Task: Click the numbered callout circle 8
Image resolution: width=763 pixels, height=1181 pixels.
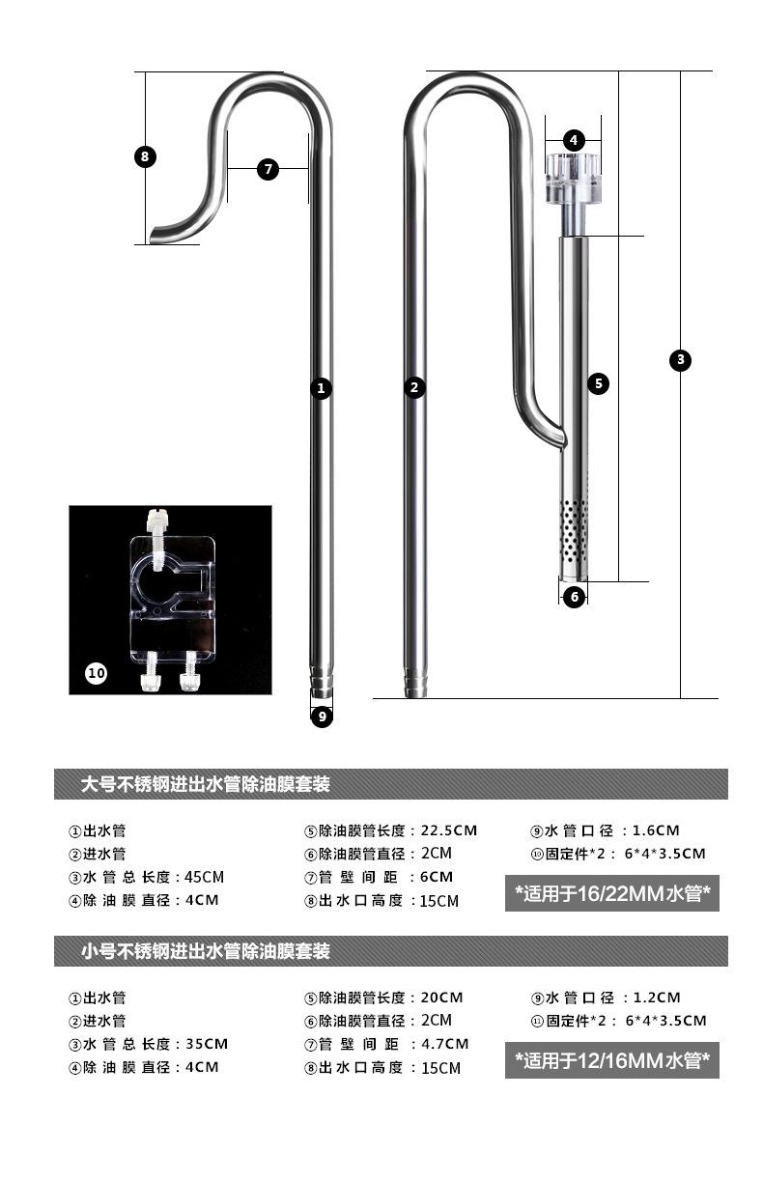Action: point(145,156)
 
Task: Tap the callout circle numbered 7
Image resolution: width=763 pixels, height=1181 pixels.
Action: point(268,170)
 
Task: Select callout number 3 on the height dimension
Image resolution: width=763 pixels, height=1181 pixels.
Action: point(681,360)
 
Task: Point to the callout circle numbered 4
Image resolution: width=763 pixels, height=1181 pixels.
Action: point(574,140)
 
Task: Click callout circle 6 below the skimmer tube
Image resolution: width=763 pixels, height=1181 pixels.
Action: point(574,597)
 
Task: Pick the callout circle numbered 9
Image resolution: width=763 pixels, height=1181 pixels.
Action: point(322,717)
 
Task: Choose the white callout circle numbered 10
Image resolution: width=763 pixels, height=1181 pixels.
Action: point(97,673)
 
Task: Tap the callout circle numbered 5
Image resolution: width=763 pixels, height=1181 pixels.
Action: point(599,383)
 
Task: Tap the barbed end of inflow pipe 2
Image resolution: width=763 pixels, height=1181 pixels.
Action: point(414,682)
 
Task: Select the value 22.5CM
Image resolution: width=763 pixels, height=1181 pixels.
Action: point(450,830)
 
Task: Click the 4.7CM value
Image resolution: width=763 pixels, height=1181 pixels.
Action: point(444,1044)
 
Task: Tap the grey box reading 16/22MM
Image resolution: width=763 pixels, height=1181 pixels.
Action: point(612,894)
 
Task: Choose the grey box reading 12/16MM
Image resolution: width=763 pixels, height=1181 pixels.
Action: point(612,1061)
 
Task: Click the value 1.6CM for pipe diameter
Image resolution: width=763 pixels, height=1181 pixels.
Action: point(656,830)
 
